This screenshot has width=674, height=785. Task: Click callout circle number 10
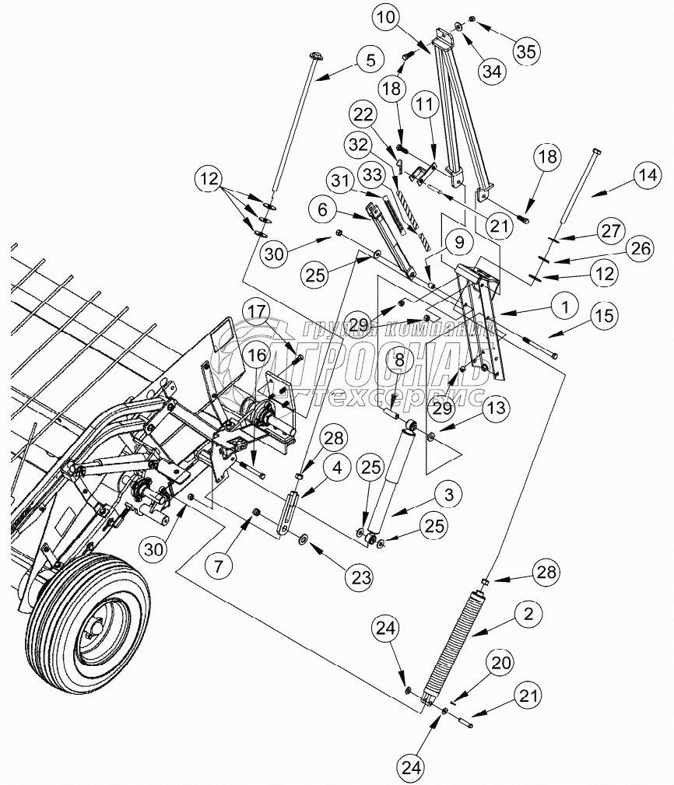click(386, 18)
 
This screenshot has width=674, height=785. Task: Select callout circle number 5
click(370, 61)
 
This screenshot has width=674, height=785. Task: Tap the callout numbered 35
click(526, 51)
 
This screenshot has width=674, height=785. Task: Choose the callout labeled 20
click(500, 664)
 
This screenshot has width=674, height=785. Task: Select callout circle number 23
click(360, 577)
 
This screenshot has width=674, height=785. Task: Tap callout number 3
click(448, 495)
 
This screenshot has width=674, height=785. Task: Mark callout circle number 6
click(322, 209)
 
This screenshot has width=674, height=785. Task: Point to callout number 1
click(565, 307)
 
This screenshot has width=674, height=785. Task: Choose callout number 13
click(497, 408)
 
